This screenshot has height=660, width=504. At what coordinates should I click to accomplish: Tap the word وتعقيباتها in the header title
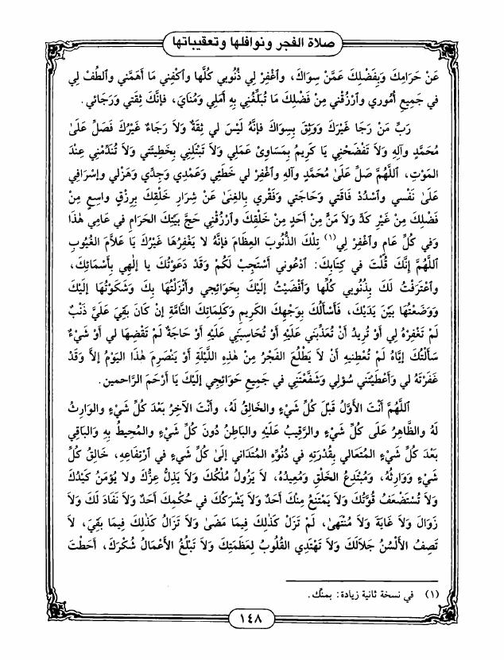tap(199, 37)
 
